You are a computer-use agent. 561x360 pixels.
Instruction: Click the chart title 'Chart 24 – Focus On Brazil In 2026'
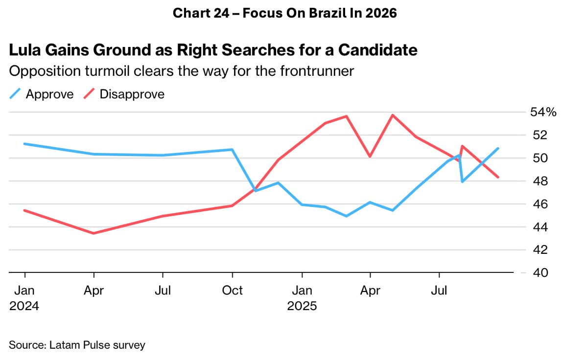[284, 13]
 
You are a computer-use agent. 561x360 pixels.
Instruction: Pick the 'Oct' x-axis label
[232, 291]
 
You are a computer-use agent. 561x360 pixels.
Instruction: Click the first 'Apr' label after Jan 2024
[93, 291]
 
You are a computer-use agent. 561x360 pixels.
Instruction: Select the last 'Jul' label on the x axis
[439, 291]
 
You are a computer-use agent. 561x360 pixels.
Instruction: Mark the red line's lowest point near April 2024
[93, 233]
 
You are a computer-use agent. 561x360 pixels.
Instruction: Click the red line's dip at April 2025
[370, 157]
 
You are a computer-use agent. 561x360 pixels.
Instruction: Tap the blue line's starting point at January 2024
[24, 144]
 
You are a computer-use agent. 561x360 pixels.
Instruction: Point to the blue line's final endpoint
[498, 148]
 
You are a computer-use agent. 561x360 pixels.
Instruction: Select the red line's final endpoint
[498, 177]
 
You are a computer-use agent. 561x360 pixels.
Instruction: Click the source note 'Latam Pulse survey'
[77, 345]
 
